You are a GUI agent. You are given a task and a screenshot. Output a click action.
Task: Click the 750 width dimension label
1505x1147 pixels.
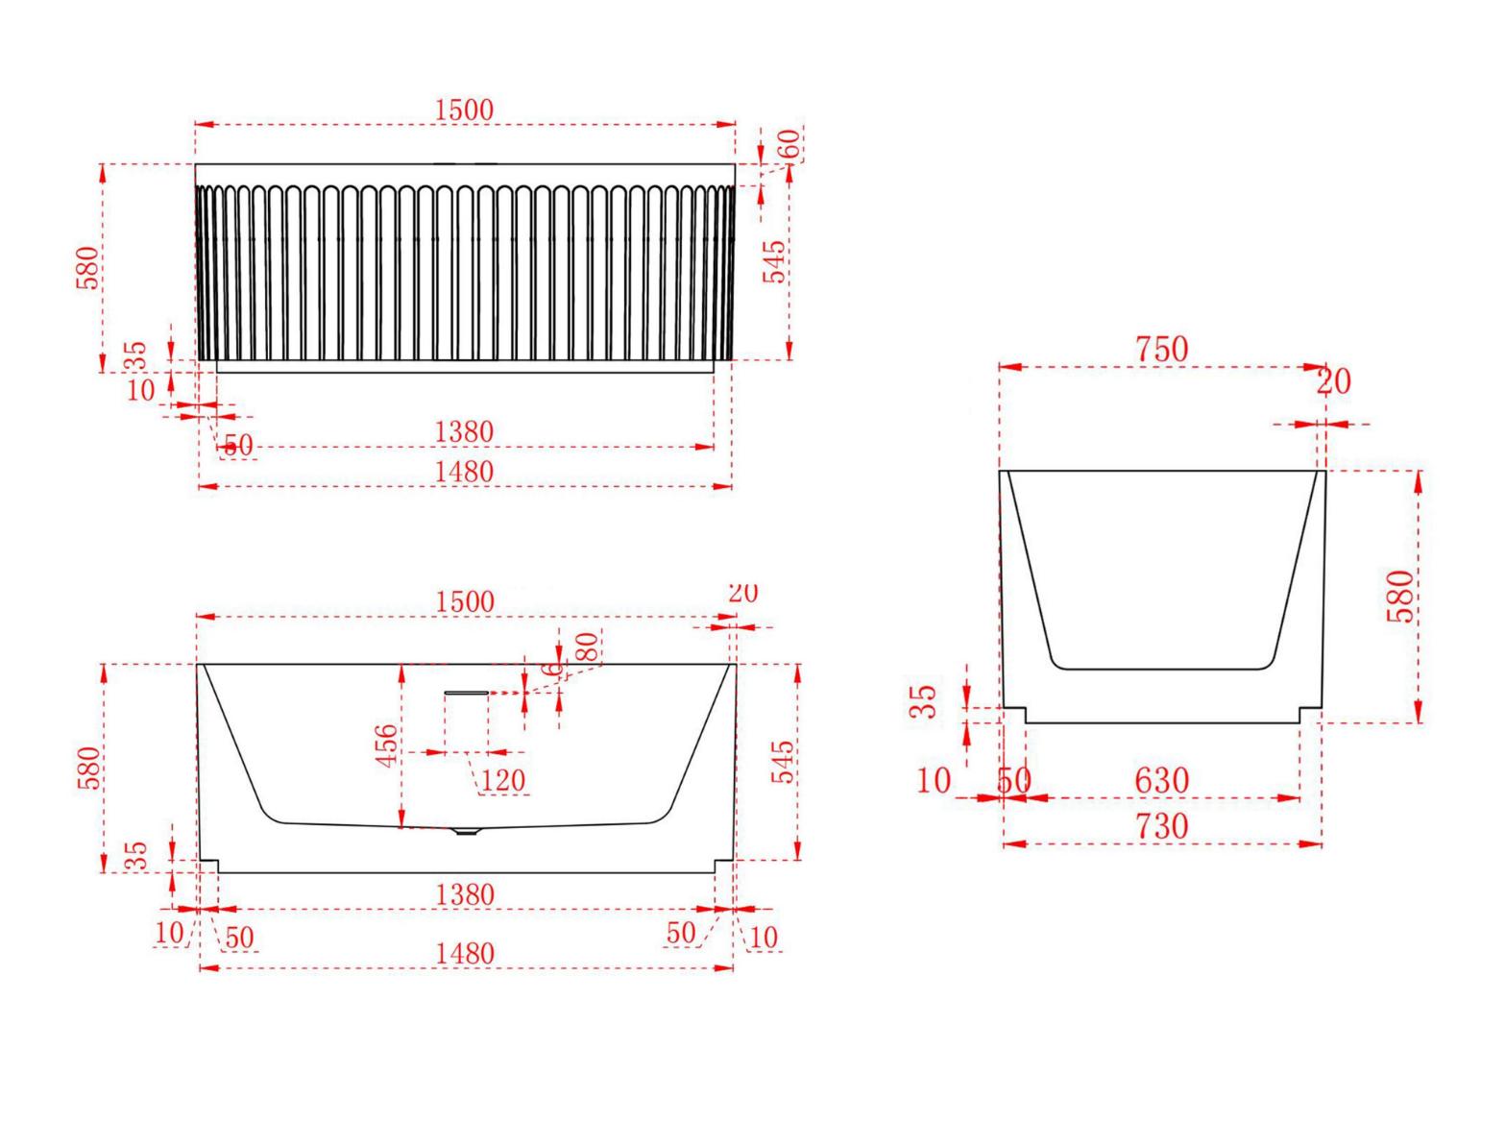coord(1161,349)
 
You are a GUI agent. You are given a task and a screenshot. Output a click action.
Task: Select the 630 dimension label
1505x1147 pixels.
coord(1161,780)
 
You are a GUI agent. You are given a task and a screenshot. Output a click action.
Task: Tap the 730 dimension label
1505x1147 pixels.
coord(1162,826)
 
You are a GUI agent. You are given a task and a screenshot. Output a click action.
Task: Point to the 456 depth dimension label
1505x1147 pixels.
coord(386,745)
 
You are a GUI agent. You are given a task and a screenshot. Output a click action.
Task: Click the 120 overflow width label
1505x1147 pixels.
coord(503,780)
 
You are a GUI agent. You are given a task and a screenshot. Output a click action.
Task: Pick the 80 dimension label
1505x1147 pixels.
coord(586,647)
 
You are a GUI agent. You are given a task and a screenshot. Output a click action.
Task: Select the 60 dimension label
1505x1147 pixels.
coord(788,145)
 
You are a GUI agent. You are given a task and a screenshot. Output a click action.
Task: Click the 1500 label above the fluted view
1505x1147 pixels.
coord(464,110)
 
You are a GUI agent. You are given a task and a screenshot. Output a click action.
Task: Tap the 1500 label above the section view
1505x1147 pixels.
coord(464,601)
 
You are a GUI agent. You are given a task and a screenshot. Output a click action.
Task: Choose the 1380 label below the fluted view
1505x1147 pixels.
coord(464,432)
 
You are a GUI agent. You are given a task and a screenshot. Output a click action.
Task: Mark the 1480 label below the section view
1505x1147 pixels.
coord(465,953)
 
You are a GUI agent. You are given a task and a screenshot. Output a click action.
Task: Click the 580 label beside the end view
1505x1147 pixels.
coord(1401,596)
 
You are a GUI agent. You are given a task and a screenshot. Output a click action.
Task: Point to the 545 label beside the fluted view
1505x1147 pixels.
coord(774,261)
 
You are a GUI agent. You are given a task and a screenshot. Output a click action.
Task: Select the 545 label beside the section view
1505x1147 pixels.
coord(784,761)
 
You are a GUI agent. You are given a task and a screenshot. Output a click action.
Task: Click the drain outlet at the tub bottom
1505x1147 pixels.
coord(466,830)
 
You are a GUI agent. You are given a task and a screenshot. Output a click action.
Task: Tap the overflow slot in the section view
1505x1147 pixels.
coord(467,692)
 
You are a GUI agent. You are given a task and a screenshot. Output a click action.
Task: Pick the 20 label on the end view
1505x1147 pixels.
coord(1333,382)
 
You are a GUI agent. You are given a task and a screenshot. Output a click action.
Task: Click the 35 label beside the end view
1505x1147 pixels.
coord(923,701)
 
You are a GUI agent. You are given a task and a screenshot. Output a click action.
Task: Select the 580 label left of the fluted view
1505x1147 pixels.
coord(87,267)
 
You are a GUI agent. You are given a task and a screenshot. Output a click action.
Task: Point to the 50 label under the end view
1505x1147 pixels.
coord(1013,780)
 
